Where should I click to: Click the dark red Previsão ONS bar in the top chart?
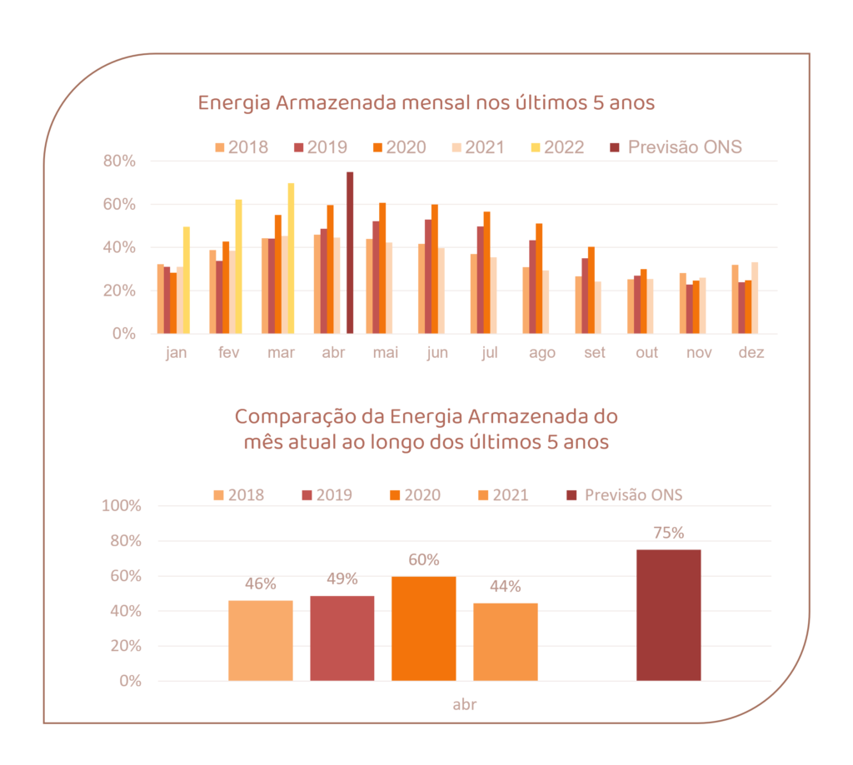tap(350, 253)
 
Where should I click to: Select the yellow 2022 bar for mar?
tap(291, 258)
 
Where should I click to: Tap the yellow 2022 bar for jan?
tap(186, 280)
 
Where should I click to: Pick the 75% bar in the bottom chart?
tap(668, 615)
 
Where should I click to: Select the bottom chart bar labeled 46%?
tap(260, 640)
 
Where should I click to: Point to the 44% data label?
tap(506, 585)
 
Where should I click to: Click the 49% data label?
tap(342, 579)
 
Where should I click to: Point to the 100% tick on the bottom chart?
tap(121, 505)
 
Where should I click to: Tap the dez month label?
tap(751, 353)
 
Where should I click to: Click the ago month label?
tap(541, 353)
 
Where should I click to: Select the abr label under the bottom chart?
tap(464, 704)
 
